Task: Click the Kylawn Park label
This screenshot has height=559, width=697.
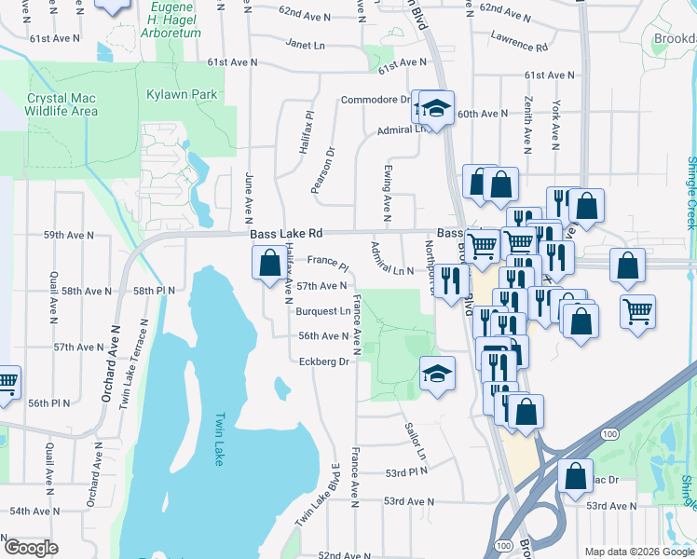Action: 182,94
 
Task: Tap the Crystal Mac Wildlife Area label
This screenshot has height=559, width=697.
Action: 62,104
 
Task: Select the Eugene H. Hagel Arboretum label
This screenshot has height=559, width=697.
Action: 183,20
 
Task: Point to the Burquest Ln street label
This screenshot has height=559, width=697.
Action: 323,311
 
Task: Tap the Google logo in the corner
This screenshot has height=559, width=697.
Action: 30,548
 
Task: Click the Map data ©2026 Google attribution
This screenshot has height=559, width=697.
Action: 639,552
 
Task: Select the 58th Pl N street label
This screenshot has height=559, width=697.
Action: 154,291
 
